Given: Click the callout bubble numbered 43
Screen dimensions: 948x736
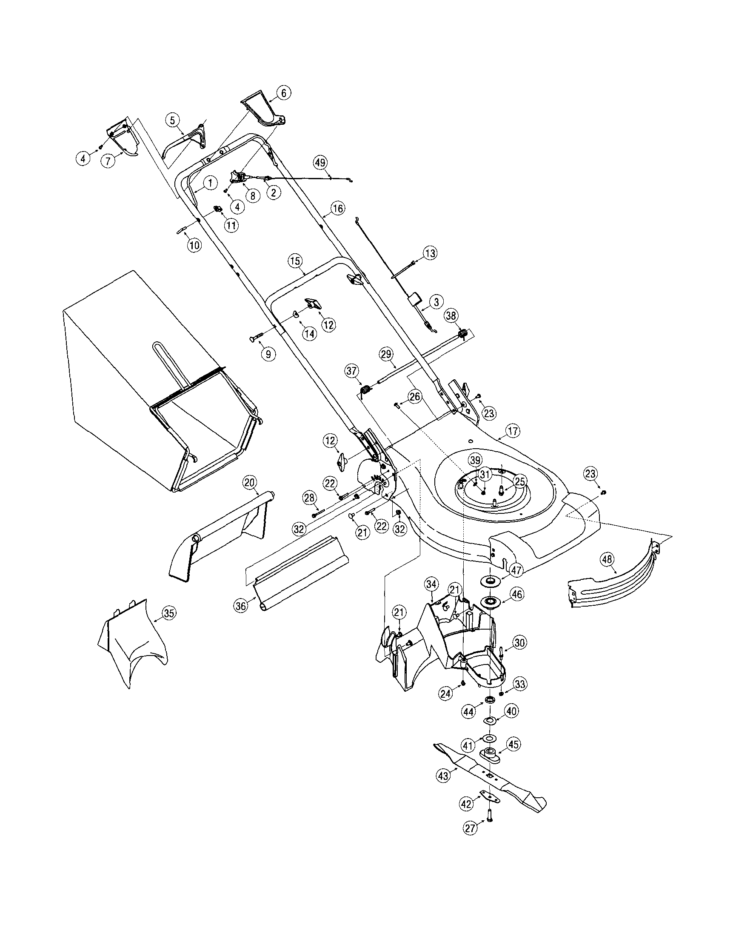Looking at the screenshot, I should [443, 776].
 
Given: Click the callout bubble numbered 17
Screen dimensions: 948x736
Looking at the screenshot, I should [513, 431].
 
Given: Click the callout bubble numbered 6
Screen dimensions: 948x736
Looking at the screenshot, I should [284, 92].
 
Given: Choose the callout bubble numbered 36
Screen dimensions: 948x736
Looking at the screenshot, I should [240, 604].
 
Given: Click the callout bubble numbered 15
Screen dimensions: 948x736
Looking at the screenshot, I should [294, 261].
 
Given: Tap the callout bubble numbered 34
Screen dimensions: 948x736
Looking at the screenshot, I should [431, 584].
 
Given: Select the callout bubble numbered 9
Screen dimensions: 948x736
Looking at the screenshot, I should [268, 354].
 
